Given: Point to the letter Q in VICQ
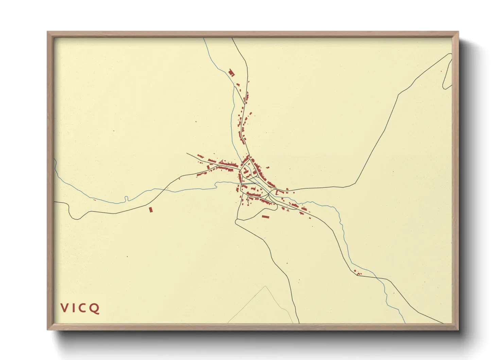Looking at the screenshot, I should click(x=94, y=308).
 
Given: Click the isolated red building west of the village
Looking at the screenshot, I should click(x=151, y=210).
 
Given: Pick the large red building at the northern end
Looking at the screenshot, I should click(x=231, y=72).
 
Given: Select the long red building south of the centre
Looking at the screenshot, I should click(x=265, y=216).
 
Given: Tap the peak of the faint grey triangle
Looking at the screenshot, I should click(x=265, y=286).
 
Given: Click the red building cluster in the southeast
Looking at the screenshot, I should click(x=358, y=272).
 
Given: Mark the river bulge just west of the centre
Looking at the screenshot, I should click(x=216, y=184).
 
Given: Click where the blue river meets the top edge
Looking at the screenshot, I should click(x=204, y=38).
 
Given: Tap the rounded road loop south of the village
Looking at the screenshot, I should click(x=237, y=222).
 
